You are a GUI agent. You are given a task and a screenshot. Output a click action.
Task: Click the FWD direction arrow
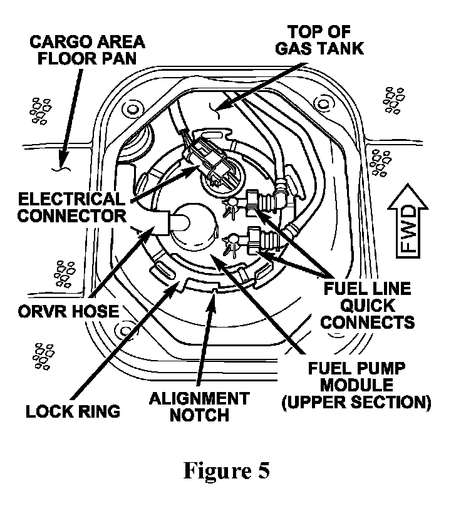[x=408, y=221]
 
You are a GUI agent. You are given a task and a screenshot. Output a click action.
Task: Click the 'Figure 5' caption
[x=227, y=470]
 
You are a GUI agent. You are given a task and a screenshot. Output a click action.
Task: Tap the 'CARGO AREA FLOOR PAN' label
[x=87, y=50]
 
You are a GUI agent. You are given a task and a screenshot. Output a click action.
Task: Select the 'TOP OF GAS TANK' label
[x=319, y=40]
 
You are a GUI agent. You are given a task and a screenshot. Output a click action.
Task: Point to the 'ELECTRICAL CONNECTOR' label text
[x=72, y=207]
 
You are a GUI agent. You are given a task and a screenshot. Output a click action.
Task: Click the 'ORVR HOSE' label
[x=68, y=311]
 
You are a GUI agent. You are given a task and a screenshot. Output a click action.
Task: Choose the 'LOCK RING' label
[x=73, y=411]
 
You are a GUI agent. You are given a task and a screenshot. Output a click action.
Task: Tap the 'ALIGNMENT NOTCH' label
[x=200, y=406]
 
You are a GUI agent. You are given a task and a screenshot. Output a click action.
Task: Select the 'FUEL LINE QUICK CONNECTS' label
[x=368, y=306]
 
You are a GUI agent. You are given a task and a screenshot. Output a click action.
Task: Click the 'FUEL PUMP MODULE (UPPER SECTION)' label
[x=356, y=385]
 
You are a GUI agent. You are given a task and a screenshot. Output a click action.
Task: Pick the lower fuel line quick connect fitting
[x=264, y=240]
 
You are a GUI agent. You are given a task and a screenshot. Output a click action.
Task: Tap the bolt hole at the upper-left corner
[x=133, y=109]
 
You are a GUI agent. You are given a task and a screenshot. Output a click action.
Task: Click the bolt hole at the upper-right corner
[x=323, y=103]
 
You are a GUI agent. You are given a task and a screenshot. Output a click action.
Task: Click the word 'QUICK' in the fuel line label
[x=368, y=306]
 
